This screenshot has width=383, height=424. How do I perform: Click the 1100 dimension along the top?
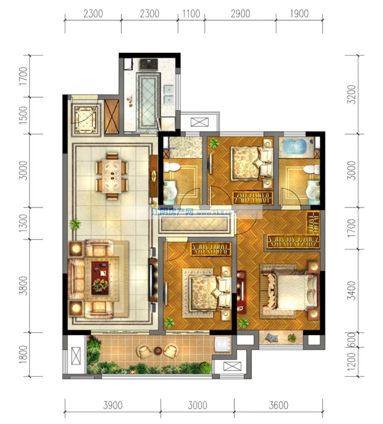coord(191,13)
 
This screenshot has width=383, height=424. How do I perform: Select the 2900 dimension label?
coord(240,13)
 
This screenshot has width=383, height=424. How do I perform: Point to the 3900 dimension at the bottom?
coord(113,405)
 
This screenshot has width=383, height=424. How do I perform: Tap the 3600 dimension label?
coord(278,405)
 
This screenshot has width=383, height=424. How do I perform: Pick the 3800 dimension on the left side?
coord(23,285)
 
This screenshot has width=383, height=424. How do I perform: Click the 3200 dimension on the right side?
coord(352,94)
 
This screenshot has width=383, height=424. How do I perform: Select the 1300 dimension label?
coord(23,223)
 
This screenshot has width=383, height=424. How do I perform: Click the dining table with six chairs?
coord(112,176)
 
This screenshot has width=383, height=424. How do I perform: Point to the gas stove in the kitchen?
coord(149,65)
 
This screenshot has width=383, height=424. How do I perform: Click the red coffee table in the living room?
coord(100,278)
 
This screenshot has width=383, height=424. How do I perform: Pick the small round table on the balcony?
coord(158,351)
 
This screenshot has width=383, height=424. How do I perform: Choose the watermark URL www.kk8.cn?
coord(214,213)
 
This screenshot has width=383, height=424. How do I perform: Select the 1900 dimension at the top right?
coord(299,13)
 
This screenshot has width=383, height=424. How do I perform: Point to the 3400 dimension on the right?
coord(352,290)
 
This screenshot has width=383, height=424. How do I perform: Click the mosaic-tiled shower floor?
coord(185,147)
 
